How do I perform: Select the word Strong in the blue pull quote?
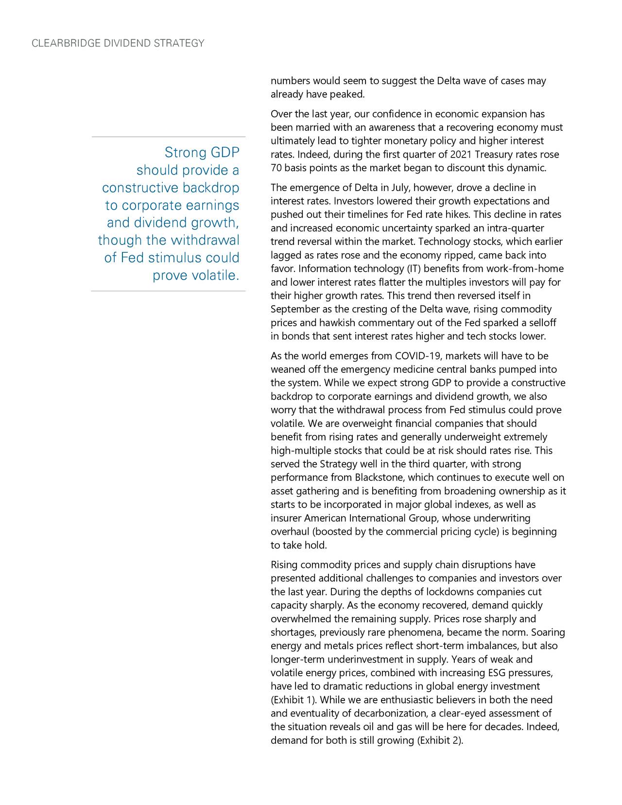click(x=186, y=153)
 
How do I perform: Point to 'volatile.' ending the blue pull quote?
click(x=216, y=276)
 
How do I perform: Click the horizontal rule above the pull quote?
click(x=168, y=137)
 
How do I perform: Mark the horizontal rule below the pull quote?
click(x=168, y=291)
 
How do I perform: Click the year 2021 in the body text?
click(x=461, y=155)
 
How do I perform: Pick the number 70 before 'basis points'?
click(x=276, y=169)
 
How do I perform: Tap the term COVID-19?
click(x=416, y=357)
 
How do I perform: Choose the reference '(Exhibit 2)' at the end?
click(x=440, y=741)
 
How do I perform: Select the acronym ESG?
click(x=496, y=673)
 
